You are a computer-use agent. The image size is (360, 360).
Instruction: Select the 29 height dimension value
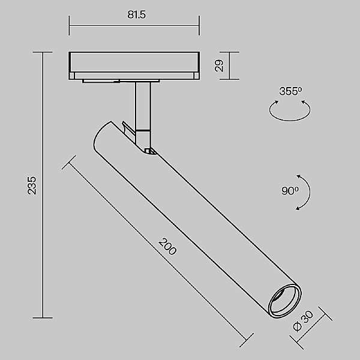220,66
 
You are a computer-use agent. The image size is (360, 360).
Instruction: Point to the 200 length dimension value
167,247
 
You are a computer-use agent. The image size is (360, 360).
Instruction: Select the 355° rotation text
290,91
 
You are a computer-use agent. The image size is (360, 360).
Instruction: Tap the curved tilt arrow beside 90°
305,192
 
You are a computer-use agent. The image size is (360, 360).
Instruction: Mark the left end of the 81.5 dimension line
70,26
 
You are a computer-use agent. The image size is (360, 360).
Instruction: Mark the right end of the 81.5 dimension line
199,26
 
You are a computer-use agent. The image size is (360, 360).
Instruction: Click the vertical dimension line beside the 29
230,66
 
